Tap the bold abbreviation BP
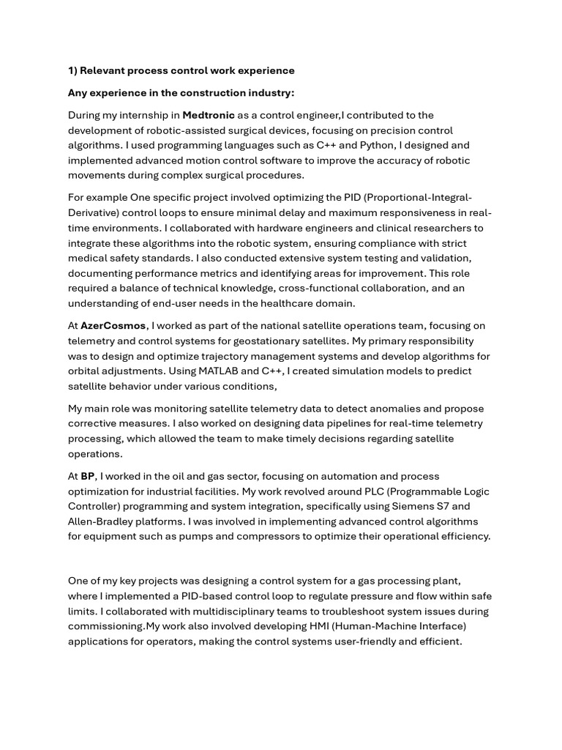tap(88, 476)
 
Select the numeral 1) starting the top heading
tap(72, 71)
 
